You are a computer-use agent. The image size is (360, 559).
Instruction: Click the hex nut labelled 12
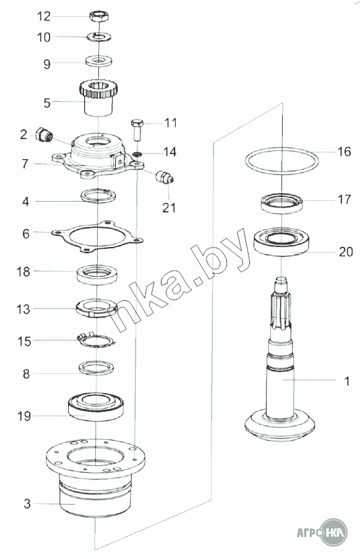click(99, 16)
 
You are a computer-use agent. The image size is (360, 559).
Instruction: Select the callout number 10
click(44, 37)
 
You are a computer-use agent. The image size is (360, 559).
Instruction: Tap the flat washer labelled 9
click(98, 61)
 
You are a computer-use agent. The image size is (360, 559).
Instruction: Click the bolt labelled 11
click(137, 131)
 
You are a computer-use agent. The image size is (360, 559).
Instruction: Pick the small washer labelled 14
click(137, 154)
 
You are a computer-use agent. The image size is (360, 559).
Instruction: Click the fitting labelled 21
click(165, 177)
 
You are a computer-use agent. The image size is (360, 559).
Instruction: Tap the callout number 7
click(25, 163)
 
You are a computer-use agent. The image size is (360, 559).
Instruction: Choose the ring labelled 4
click(98, 196)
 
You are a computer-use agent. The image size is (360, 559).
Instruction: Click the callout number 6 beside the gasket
click(25, 234)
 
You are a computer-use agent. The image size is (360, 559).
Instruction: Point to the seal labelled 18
click(97, 274)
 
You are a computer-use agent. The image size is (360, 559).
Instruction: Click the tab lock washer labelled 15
click(96, 340)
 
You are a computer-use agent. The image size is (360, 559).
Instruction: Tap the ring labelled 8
click(96, 368)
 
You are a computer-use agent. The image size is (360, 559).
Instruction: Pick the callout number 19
click(24, 416)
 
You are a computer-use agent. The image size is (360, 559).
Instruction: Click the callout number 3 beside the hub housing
click(27, 504)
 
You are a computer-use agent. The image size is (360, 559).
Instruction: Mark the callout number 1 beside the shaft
click(347, 381)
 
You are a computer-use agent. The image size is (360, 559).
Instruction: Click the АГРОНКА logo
click(322, 532)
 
